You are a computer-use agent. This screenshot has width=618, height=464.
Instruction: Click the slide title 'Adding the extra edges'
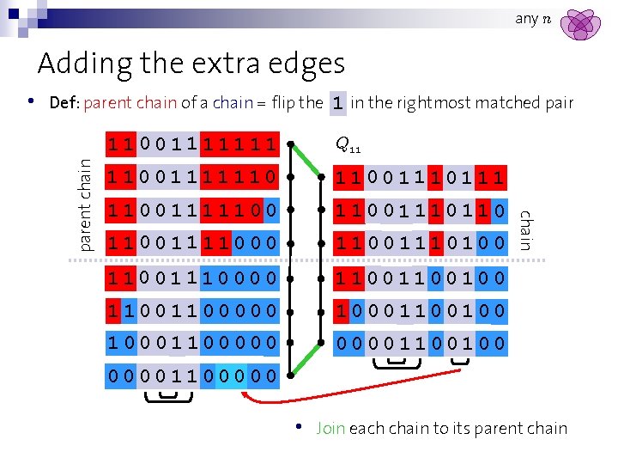(191, 64)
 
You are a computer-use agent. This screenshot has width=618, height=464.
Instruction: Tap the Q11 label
(348, 145)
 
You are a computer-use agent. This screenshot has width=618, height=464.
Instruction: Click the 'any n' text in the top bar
(533, 18)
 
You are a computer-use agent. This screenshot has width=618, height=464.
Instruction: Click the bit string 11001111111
(191, 145)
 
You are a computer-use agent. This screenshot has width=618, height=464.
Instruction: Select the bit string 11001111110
(191, 179)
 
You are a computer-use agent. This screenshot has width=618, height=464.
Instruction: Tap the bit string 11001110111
(420, 179)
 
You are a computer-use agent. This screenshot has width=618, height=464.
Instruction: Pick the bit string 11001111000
(191, 245)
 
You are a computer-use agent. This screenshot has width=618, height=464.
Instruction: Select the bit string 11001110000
(191, 278)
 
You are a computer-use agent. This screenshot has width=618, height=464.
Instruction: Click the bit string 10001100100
(420, 311)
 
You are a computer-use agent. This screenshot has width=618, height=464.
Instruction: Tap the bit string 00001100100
(420, 344)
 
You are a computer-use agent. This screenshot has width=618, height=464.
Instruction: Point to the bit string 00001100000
(191, 376)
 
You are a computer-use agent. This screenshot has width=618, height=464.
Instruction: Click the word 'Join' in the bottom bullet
(330, 428)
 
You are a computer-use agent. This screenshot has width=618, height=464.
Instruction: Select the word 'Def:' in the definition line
(64, 103)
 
